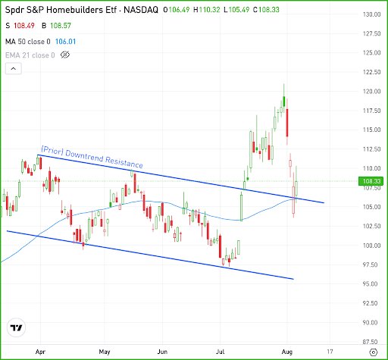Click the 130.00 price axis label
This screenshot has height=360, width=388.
coord(371,14)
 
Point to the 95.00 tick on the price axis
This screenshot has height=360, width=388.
coord(371,284)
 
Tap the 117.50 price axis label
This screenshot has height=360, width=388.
coord(371,111)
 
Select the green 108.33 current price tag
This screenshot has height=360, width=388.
coord(371,181)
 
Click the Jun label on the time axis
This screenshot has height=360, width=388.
coord(162,352)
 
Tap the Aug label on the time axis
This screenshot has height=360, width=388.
coord(287,352)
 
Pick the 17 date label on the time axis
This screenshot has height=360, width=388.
coord(330,352)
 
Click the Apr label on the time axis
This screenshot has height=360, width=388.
coord(40,352)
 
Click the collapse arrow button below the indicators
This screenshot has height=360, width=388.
coord(14,68)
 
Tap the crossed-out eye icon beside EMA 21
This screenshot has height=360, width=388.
coord(65,55)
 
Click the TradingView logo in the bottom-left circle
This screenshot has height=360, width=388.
coord(17,327)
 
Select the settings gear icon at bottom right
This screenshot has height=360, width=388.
coord(374,352)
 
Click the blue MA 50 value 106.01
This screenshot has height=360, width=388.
coord(65,42)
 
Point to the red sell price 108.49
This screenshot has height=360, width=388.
coord(24,26)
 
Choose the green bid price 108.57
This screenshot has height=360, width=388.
coord(61,26)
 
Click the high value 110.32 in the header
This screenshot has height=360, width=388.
coord(209,10)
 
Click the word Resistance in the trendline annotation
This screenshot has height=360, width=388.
coord(124,161)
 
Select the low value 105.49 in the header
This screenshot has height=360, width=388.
coord(239,10)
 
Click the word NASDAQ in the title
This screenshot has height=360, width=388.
coord(141,10)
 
